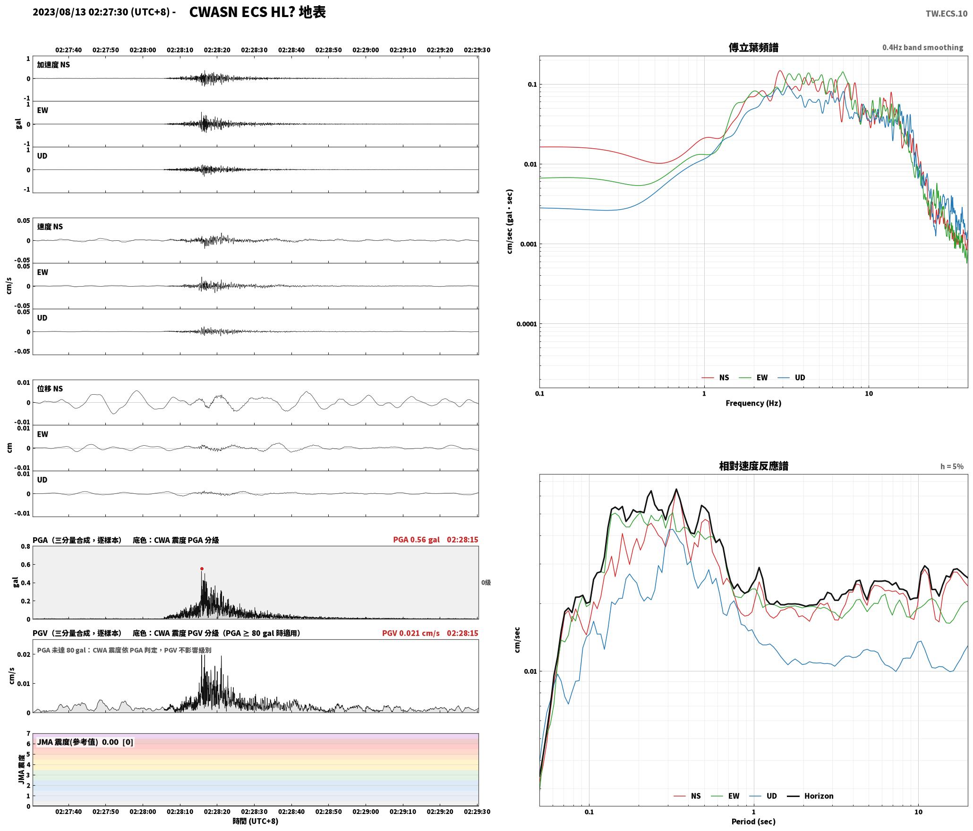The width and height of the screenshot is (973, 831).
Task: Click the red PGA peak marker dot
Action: pos(202,569)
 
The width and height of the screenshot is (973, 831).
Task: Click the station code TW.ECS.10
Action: pos(946,14)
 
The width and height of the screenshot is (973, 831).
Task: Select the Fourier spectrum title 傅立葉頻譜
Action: pos(753,48)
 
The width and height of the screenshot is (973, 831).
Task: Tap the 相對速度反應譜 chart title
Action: pos(753,466)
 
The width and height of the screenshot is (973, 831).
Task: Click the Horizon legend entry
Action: pos(809,796)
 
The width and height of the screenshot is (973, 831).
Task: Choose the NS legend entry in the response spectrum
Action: pos(687,796)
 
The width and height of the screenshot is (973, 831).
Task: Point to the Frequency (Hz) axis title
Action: pos(753,403)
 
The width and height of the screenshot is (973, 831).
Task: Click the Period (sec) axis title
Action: pos(753,822)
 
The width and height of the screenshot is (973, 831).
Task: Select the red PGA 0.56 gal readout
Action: pos(416,540)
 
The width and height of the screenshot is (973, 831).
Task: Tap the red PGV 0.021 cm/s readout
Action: pos(410,633)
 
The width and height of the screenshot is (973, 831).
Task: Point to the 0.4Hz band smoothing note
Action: pos(922,48)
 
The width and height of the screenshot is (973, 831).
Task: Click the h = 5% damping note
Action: pos(952,466)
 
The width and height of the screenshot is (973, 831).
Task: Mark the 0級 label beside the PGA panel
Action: pos(486,583)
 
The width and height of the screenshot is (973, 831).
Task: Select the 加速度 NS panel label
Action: pos(53,65)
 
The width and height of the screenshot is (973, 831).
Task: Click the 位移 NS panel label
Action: pos(50,389)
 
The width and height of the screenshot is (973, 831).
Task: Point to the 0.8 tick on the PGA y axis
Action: pos(26,547)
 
